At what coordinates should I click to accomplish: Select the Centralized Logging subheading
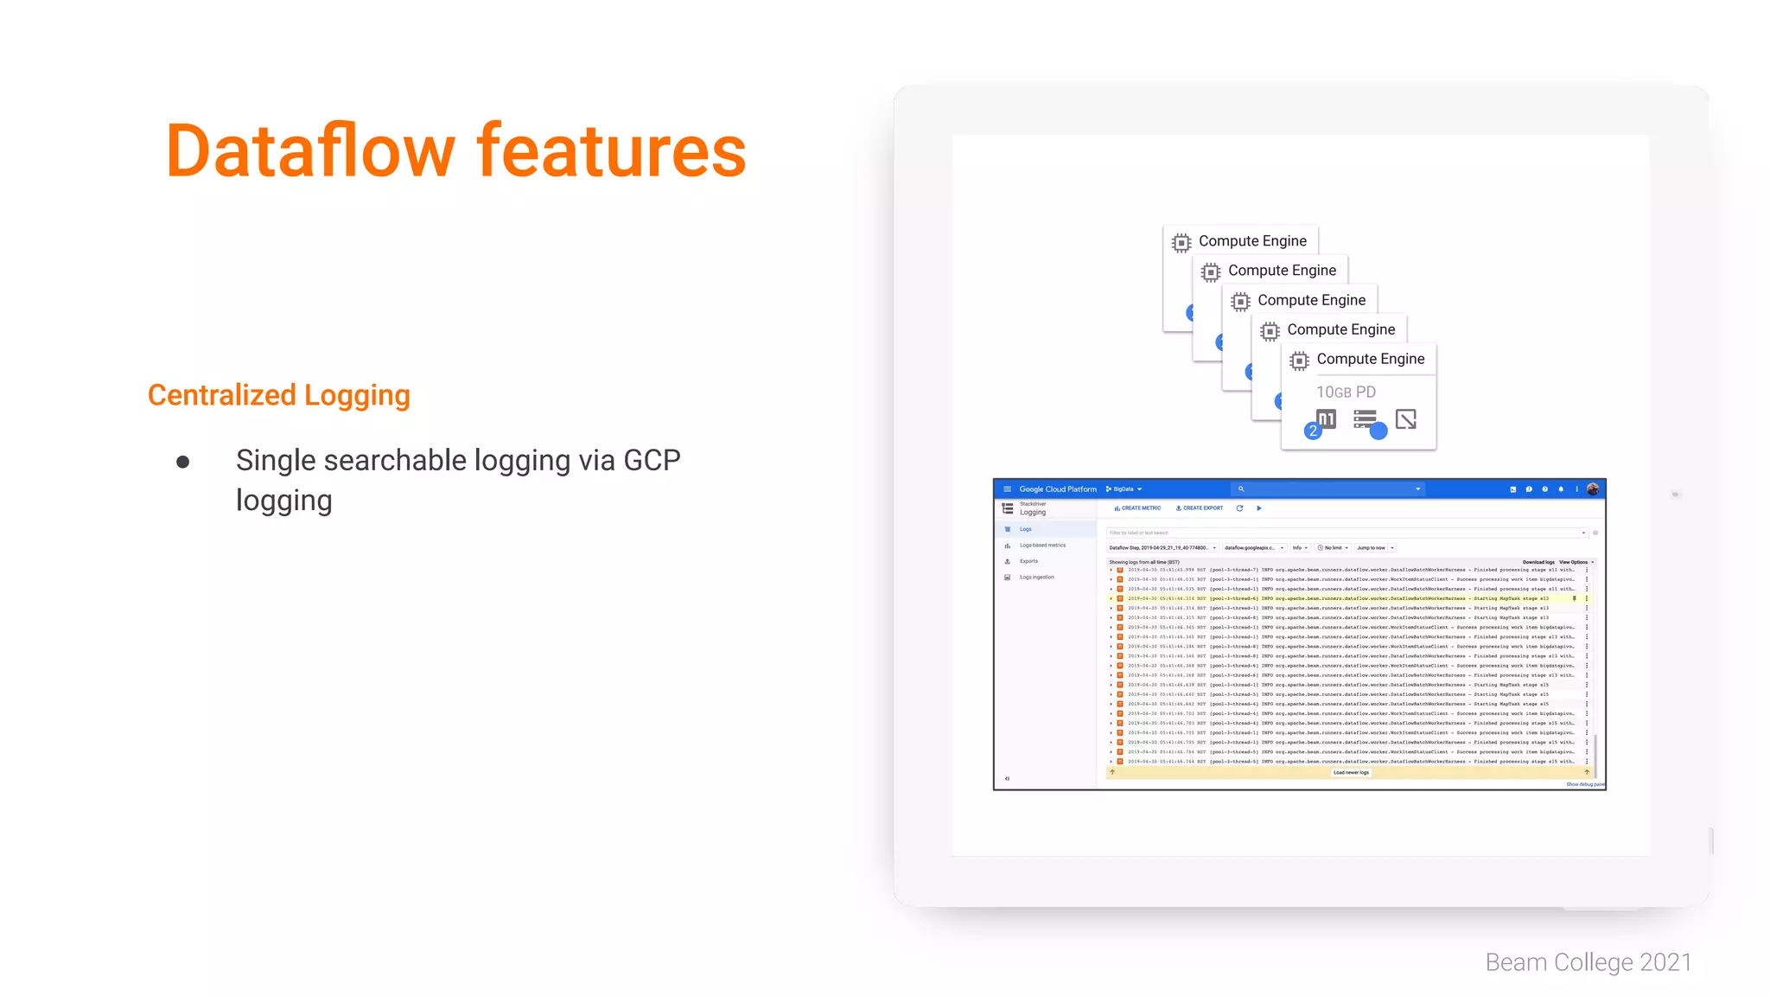[278, 395]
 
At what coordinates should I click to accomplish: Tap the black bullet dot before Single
[182, 463]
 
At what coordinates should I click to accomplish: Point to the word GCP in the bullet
[652, 461]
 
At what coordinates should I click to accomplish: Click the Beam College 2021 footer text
[1588, 962]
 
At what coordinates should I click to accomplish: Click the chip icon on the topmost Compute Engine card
[1181, 243]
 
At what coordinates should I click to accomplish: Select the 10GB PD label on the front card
[1346, 393]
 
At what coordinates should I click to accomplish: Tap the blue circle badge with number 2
[1313, 431]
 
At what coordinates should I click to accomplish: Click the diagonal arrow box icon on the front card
[1406, 419]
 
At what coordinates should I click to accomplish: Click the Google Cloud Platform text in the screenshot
[1057, 489]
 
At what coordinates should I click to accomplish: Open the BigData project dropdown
[1124, 489]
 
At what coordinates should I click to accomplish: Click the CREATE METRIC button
[1138, 508]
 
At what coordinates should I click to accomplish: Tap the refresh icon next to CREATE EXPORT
[1239, 508]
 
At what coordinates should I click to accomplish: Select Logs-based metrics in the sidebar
[1042, 546]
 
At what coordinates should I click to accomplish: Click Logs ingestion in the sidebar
[1036, 578]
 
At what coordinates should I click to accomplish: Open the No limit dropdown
[1333, 548]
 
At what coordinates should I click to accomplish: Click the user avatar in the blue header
[1593, 489]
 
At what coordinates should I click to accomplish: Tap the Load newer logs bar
[1350, 773]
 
